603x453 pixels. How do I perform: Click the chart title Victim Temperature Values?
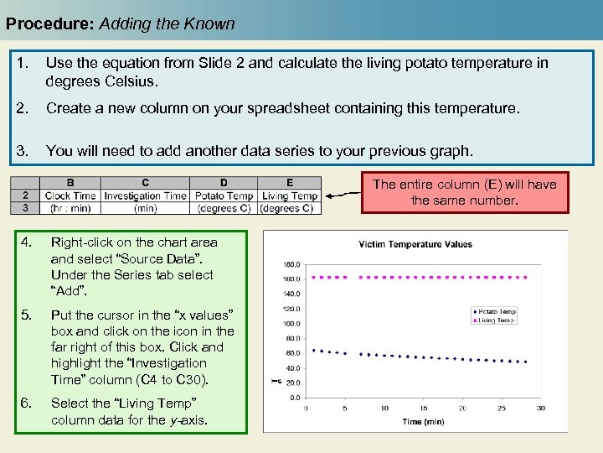point(415,245)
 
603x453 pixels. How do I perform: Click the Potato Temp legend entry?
point(497,312)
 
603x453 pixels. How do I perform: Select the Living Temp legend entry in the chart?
point(497,320)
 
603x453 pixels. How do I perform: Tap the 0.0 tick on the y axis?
point(296,398)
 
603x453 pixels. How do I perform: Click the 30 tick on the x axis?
point(541,409)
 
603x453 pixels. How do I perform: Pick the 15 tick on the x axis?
point(424,409)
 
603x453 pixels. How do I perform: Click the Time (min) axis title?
point(423,421)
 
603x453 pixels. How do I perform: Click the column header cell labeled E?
point(290,183)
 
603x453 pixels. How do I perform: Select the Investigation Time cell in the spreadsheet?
point(146,195)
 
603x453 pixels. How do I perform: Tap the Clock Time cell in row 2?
point(70,195)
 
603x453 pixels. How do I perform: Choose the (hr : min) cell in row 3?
point(70,207)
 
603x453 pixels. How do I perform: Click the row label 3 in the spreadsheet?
point(25,207)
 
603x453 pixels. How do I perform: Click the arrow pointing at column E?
point(343,195)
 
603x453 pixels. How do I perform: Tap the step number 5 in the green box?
point(26,315)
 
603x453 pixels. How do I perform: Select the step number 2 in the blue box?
point(23,109)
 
